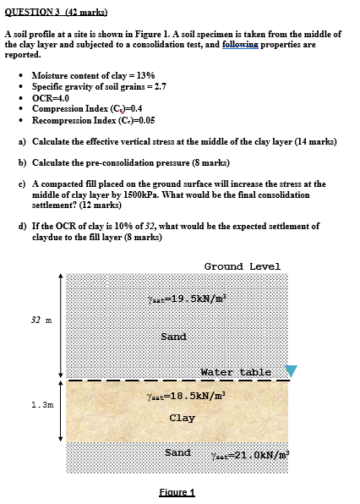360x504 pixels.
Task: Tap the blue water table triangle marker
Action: (x=292, y=371)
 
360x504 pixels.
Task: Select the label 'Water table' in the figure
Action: (x=236, y=371)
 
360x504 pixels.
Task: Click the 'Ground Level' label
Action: (x=242, y=266)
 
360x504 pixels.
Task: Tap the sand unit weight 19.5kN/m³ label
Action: (x=189, y=299)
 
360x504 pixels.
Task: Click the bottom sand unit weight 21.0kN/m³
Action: (x=252, y=453)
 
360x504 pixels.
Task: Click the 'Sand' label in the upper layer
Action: (x=173, y=337)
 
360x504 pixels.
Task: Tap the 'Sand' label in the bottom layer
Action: (x=177, y=452)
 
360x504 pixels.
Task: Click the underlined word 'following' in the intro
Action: (x=239, y=44)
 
